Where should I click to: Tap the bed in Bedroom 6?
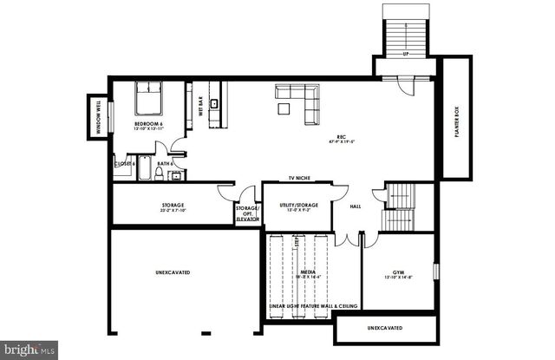click(148, 100)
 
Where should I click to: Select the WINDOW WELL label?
click(97, 119)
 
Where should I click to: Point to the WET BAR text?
click(201, 104)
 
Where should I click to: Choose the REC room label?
click(342, 139)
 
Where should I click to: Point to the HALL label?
click(355, 206)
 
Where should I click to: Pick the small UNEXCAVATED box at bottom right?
click(385, 329)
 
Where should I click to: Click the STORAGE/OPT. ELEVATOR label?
click(247, 213)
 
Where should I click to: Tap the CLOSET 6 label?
click(124, 163)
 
